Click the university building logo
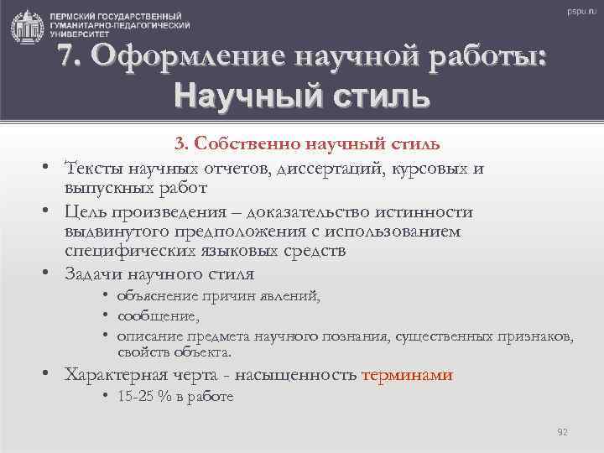[29, 27]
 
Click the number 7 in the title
[70, 58]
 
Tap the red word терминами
[407, 375]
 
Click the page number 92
[563, 432]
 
